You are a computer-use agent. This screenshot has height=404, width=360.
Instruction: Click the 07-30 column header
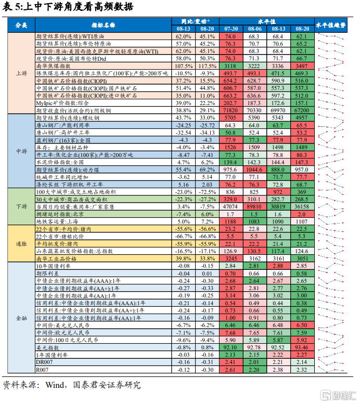pos(230,29)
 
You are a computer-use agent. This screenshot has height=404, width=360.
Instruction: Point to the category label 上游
pos(21,74)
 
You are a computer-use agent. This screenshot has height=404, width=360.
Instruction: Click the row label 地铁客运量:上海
pos(57,221)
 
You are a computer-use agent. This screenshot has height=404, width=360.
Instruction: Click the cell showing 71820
pos(230,111)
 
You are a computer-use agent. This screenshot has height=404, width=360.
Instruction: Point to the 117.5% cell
pos(207,67)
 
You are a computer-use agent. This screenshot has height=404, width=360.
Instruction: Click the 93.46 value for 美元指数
pos(302,347)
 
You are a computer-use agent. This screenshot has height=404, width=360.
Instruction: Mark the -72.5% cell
pos(207,192)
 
